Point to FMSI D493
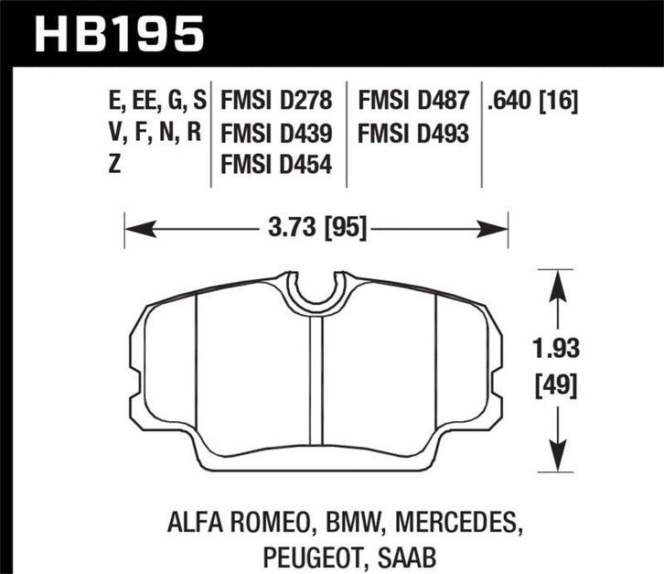414,135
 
